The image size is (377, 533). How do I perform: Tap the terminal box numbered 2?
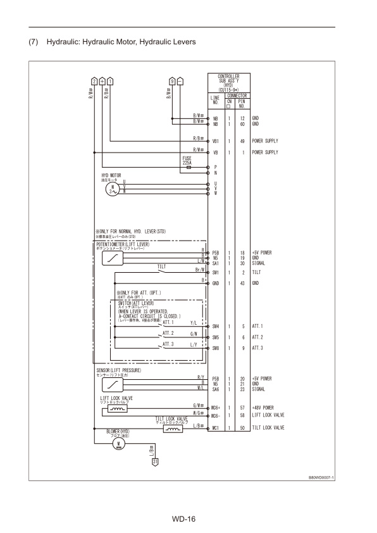coord(94,81)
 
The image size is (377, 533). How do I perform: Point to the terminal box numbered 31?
coord(154,461)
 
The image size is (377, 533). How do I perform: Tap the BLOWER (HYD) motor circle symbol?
coord(117,443)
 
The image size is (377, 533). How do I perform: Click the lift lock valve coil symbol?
coord(118,409)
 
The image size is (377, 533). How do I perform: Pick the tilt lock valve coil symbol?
coord(172,429)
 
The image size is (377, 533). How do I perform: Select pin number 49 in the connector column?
coord(242,141)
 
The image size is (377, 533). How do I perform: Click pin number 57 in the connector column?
coord(242,407)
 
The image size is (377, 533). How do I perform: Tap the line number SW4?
coord(216,325)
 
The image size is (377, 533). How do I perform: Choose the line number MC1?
coord(216,428)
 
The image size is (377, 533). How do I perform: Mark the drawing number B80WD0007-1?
coord(321,477)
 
